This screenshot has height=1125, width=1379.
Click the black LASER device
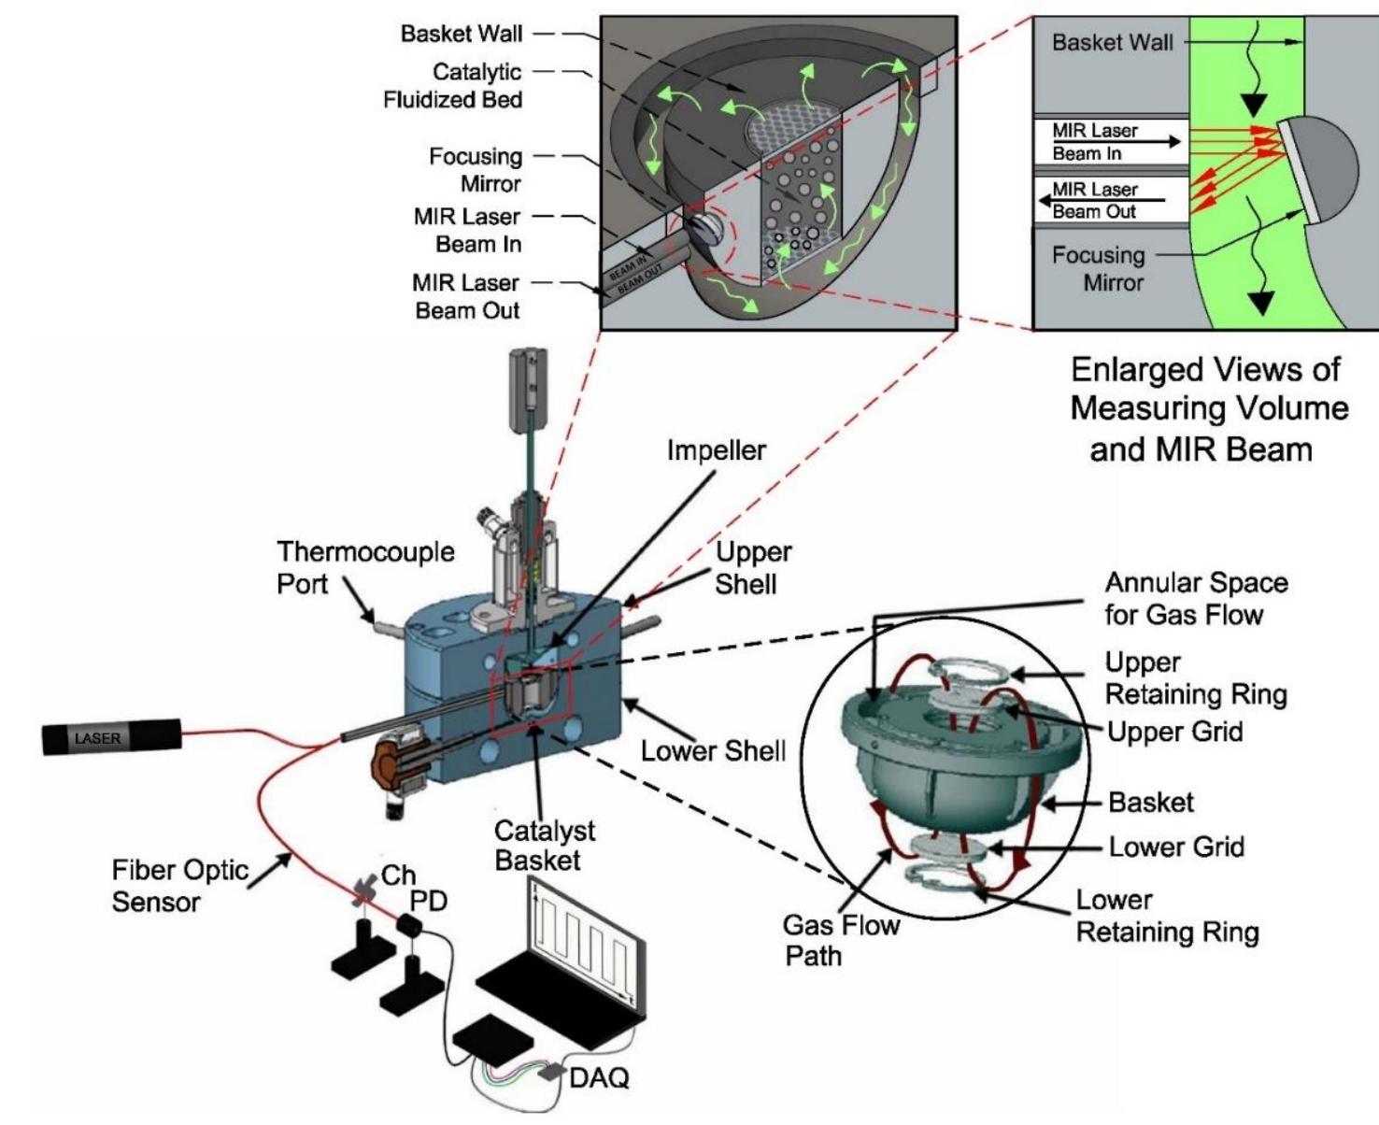coord(110,738)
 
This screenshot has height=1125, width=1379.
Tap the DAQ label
coord(599,1077)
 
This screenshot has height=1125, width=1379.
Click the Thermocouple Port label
coord(364,567)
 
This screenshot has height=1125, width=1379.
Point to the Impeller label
coord(716,450)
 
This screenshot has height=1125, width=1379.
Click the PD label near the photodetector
coord(429,902)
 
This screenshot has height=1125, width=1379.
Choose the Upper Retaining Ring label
coord(1195,678)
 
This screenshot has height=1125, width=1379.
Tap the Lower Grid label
coord(1175,847)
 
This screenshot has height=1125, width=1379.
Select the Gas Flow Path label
coord(840,940)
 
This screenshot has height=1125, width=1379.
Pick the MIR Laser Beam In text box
coord(1109,142)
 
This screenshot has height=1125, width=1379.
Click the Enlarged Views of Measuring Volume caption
coord(1207,409)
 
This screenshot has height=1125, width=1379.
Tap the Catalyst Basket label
coord(544,845)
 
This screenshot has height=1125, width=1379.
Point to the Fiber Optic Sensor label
coord(179,886)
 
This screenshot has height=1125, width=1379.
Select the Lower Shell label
coord(713,750)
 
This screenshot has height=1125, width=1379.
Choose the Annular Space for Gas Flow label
coord(1195,598)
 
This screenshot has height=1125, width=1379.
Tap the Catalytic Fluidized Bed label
coord(452,85)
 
